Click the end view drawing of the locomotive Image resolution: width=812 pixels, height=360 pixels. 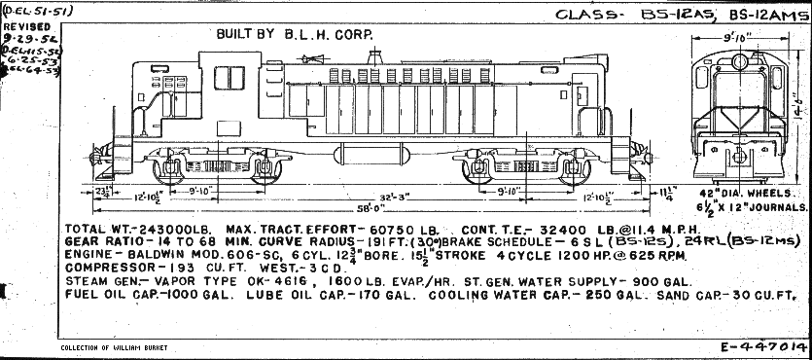tap(739, 112)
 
